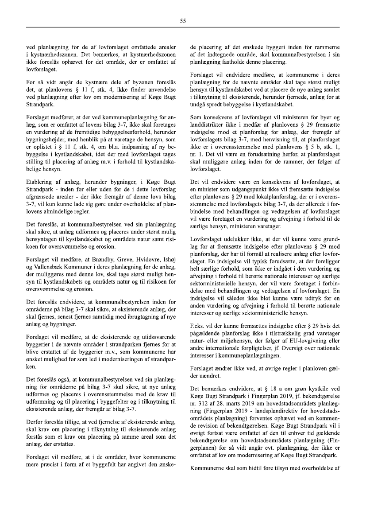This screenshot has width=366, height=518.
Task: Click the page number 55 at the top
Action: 183,20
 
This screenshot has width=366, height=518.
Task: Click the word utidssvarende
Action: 135,339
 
